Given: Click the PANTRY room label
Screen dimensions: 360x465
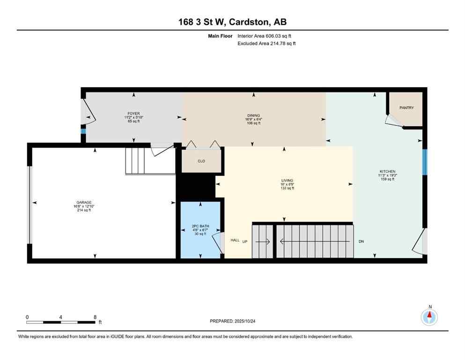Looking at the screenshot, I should [x=406, y=108].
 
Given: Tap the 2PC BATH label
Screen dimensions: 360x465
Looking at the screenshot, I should [x=200, y=226].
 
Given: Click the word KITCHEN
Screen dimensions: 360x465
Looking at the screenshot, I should [x=388, y=172].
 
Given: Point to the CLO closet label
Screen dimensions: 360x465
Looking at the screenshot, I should [x=201, y=161].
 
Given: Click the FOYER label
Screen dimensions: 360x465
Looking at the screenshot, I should [x=134, y=113].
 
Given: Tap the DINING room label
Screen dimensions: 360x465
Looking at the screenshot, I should [x=254, y=116].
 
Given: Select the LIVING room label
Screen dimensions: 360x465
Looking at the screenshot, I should [x=287, y=180].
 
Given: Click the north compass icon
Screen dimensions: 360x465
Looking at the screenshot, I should [x=429, y=317].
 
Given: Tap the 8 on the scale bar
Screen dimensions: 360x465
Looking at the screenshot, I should [x=95, y=317].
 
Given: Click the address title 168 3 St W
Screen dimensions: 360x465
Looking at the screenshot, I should [x=210, y=22].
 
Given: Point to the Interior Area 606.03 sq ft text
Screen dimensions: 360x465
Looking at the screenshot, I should [x=267, y=36].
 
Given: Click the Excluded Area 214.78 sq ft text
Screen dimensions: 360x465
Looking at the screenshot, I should [x=266, y=44].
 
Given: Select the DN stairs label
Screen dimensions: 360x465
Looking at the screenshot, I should [x=361, y=241].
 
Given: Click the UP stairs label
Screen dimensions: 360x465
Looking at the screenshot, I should [x=245, y=241].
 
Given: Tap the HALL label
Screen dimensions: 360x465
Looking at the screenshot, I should [x=235, y=240].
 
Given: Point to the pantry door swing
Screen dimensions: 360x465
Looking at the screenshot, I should [x=392, y=121].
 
